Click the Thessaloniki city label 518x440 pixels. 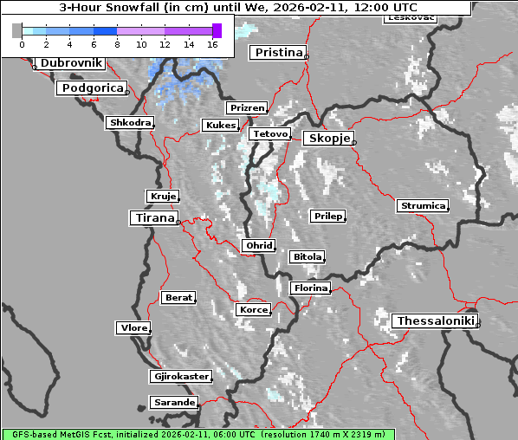coord(435,320)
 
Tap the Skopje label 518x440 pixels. coord(327,139)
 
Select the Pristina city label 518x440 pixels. coord(278,53)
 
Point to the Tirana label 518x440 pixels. coord(153,217)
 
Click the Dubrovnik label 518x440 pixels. coord(70,63)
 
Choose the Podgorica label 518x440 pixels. coord(92,88)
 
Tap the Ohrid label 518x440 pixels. coord(258,246)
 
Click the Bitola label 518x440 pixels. coord(307,257)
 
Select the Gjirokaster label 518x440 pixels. coord(180,377)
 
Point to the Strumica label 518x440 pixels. coord(423,206)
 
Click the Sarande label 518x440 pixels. coord(173,403)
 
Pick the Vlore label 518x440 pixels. coord(133,328)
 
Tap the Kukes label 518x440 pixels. coord(219,126)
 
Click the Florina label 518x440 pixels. coord(310,288)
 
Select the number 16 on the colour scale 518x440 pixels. coord(211,43)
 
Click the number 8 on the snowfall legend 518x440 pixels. coord(117,43)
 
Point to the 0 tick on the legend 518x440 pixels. coord(22,43)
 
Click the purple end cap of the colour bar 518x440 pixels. coord(217,30)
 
